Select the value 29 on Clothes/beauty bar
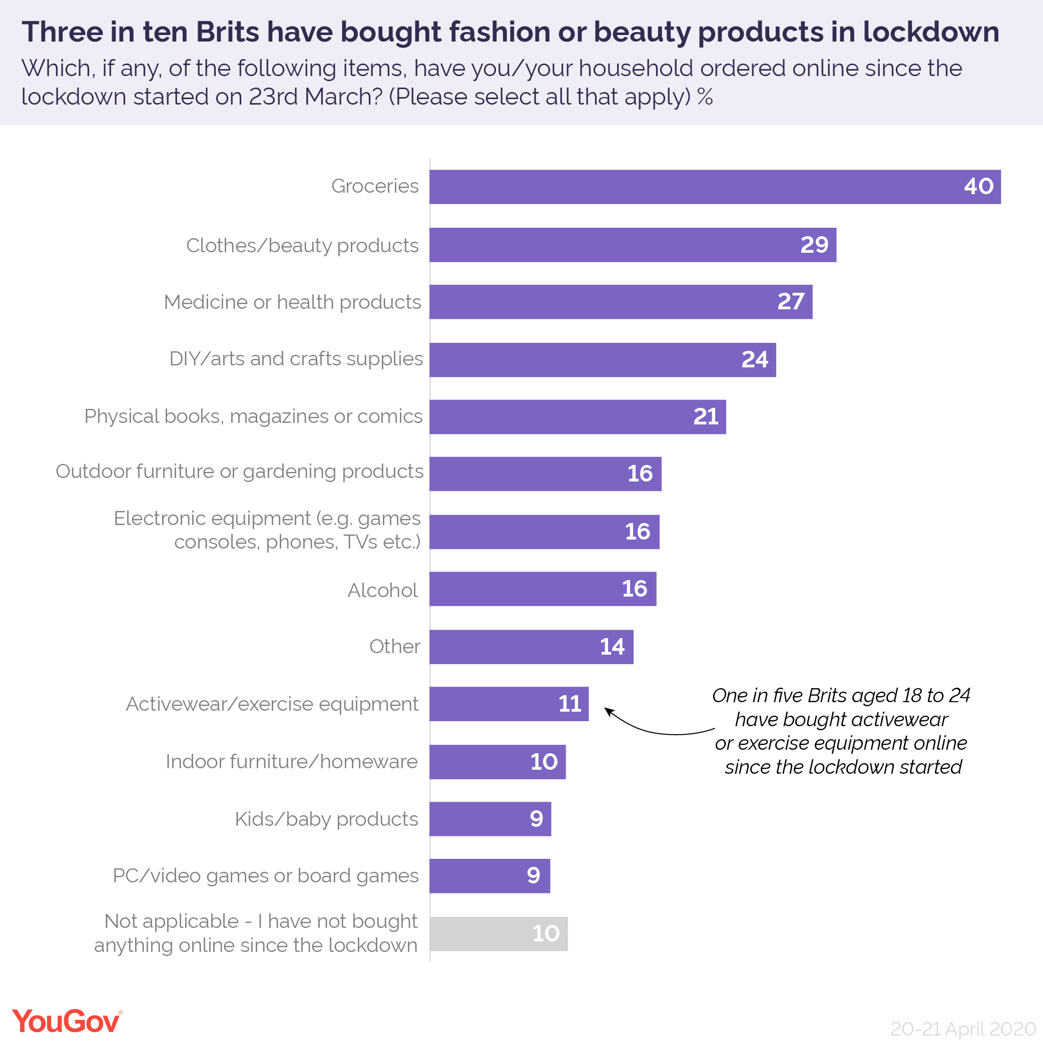(x=814, y=245)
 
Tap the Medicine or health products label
(x=292, y=302)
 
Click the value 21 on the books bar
(x=706, y=417)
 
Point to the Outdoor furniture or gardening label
(x=239, y=471)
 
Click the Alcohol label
(x=382, y=590)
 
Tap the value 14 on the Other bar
(x=612, y=647)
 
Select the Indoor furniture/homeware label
(x=291, y=762)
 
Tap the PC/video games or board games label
(x=266, y=876)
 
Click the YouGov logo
(x=67, y=1021)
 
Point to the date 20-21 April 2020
(x=962, y=1028)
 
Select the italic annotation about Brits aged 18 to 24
(x=841, y=731)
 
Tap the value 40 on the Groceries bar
(x=978, y=187)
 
